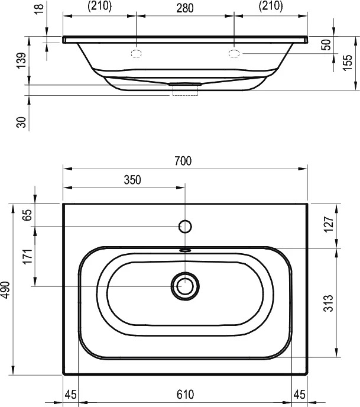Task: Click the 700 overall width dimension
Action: pyautogui.click(x=183, y=161)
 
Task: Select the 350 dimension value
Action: pyautogui.click(x=132, y=180)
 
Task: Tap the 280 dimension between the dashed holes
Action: pyautogui.click(x=185, y=8)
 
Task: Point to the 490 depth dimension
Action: pyautogui.click(x=6, y=290)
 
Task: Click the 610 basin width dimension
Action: pyautogui.click(x=185, y=395)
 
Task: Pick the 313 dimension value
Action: pyautogui.click(x=328, y=303)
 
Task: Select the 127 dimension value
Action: pyautogui.click(x=328, y=225)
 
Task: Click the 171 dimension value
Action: pyautogui.click(x=28, y=257)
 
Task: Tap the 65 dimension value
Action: pyautogui.click(x=28, y=215)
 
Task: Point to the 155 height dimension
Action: pyautogui.click(x=348, y=63)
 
